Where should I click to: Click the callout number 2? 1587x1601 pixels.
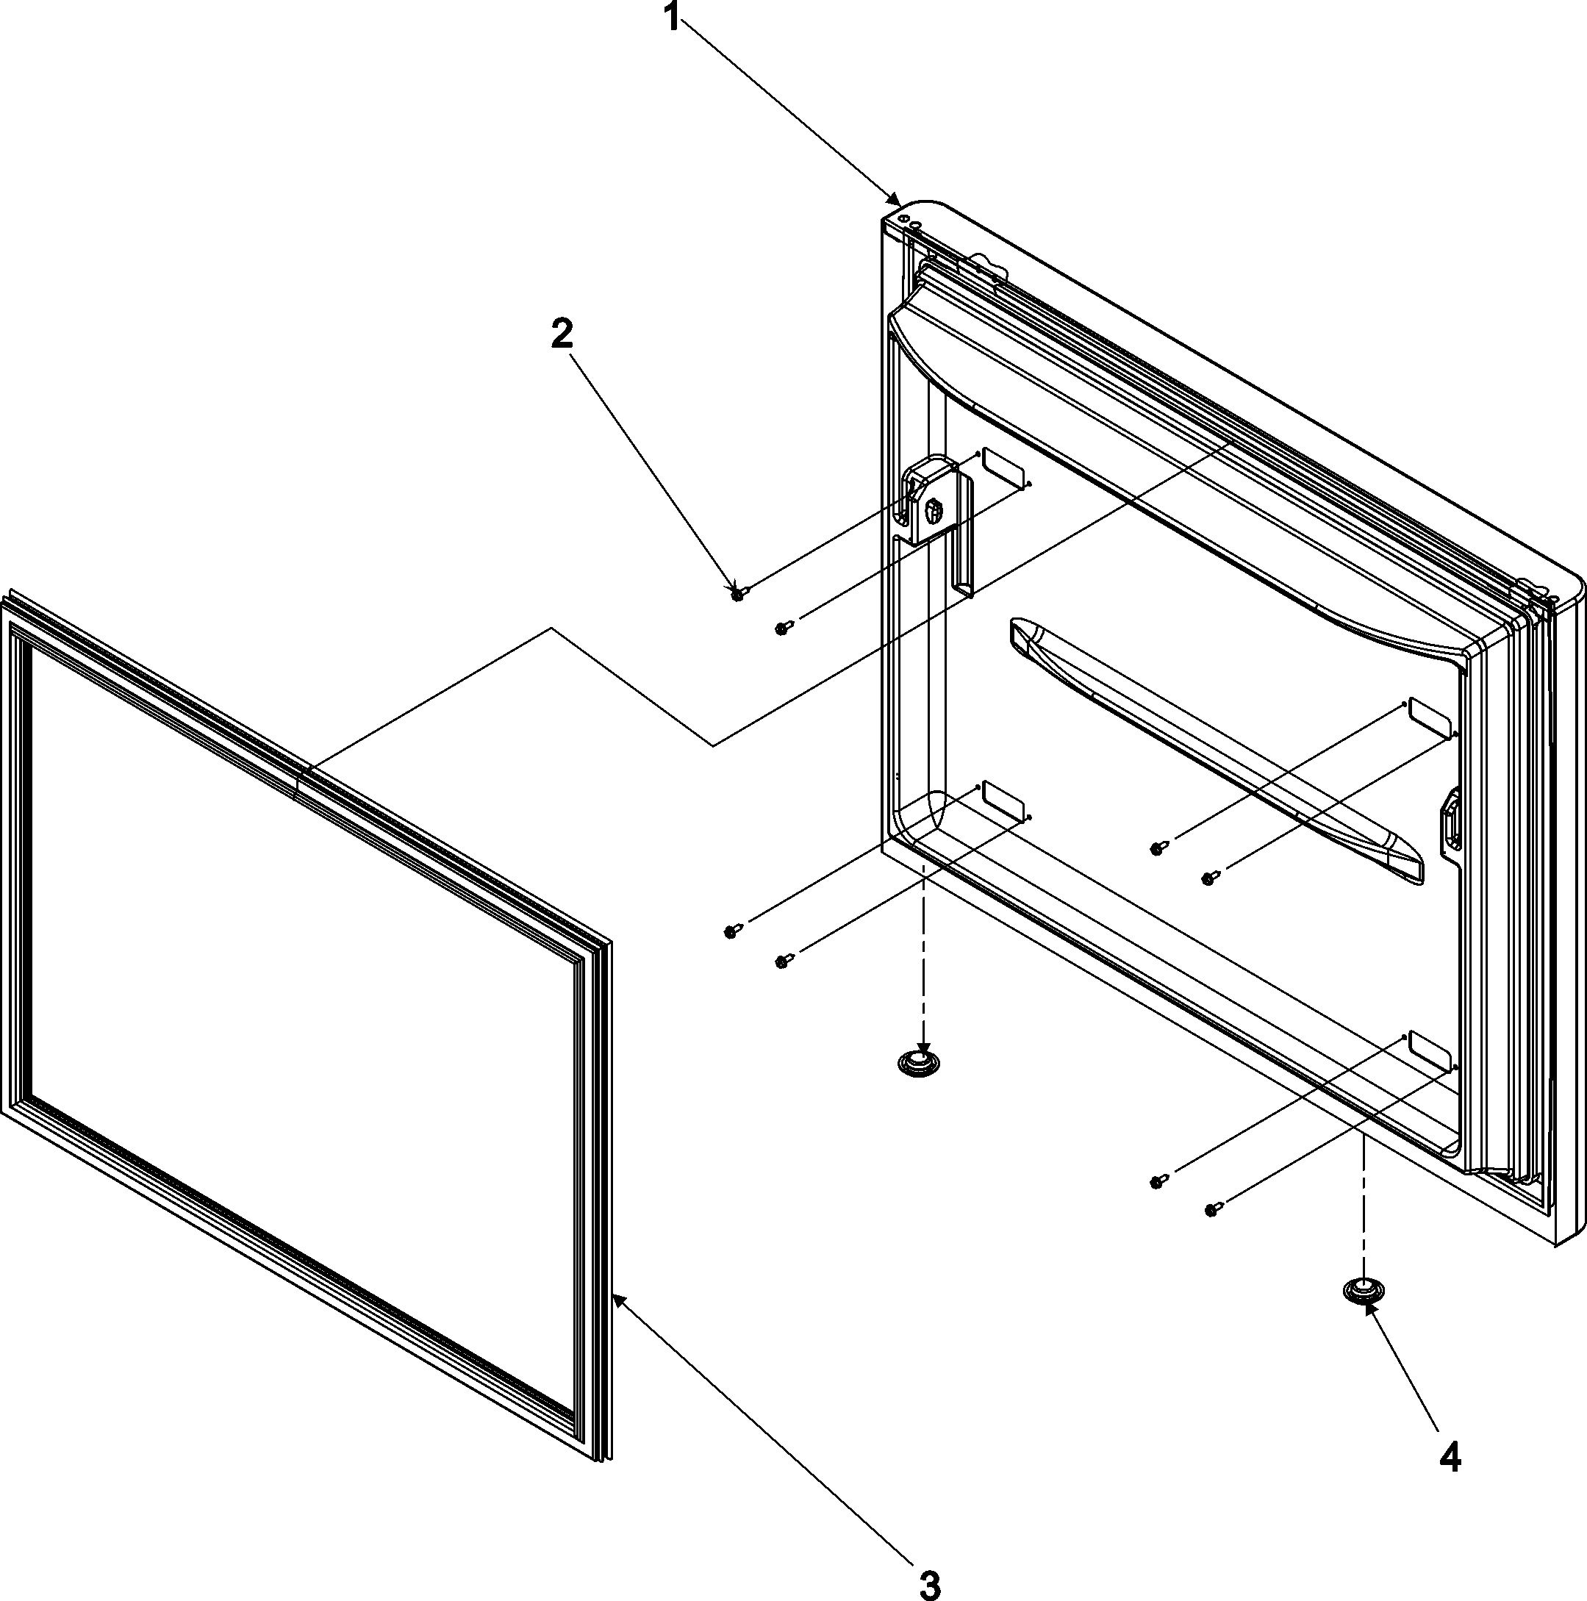coord(561,334)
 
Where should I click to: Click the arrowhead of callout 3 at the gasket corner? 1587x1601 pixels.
coord(617,1301)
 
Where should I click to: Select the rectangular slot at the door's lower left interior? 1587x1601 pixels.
coord(1003,801)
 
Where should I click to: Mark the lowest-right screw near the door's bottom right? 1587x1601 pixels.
coord(1211,1211)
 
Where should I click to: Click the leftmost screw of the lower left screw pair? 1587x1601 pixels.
coord(731,931)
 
